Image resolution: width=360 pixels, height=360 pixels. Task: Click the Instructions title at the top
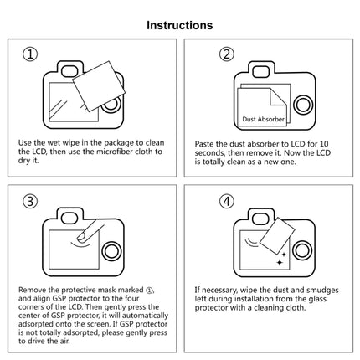click(x=180, y=25)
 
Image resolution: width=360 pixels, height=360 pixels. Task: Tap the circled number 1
click(x=30, y=55)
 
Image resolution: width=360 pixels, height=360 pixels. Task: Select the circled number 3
click(x=30, y=202)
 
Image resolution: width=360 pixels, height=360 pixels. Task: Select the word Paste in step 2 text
click(x=205, y=143)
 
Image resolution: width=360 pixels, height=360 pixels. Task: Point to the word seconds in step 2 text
click(x=213, y=152)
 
